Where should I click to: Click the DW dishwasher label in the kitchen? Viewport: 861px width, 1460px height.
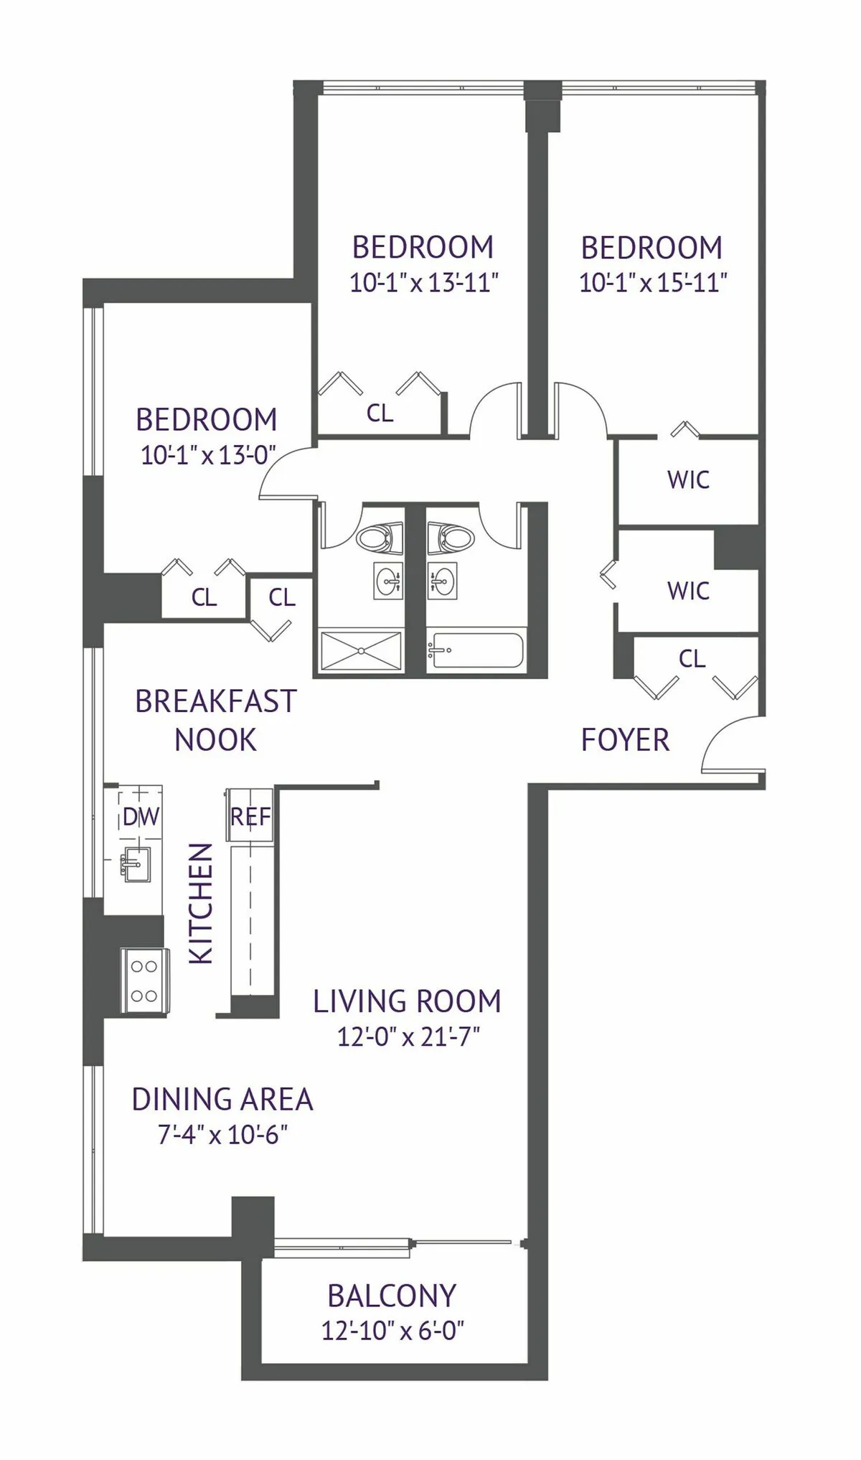(x=141, y=817)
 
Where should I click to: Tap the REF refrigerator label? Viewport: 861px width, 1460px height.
(x=250, y=817)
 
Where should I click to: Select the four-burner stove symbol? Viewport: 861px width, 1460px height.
(x=144, y=981)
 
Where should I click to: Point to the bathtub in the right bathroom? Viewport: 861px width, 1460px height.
(x=475, y=650)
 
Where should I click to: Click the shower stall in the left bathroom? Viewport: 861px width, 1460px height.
(x=360, y=651)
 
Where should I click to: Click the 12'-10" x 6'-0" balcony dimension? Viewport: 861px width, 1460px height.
(x=392, y=1331)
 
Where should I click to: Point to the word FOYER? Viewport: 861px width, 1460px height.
(x=625, y=740)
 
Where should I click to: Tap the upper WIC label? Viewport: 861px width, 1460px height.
(x=688, y=479)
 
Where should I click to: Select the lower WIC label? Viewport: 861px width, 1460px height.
(x=688, y=591)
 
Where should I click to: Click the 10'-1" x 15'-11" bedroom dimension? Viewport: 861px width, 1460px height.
(x=653, y=283)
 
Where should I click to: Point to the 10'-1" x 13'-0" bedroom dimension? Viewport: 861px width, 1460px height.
(x=208, y=455)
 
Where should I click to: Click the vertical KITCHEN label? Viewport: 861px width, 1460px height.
(x=201, y=903)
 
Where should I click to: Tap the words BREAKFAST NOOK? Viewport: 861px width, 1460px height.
(x=215, y=720)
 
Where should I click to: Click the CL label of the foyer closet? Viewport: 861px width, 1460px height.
(x=692, y=658)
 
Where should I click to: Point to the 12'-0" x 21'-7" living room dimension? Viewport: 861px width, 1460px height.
(x=408, y=1036)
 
